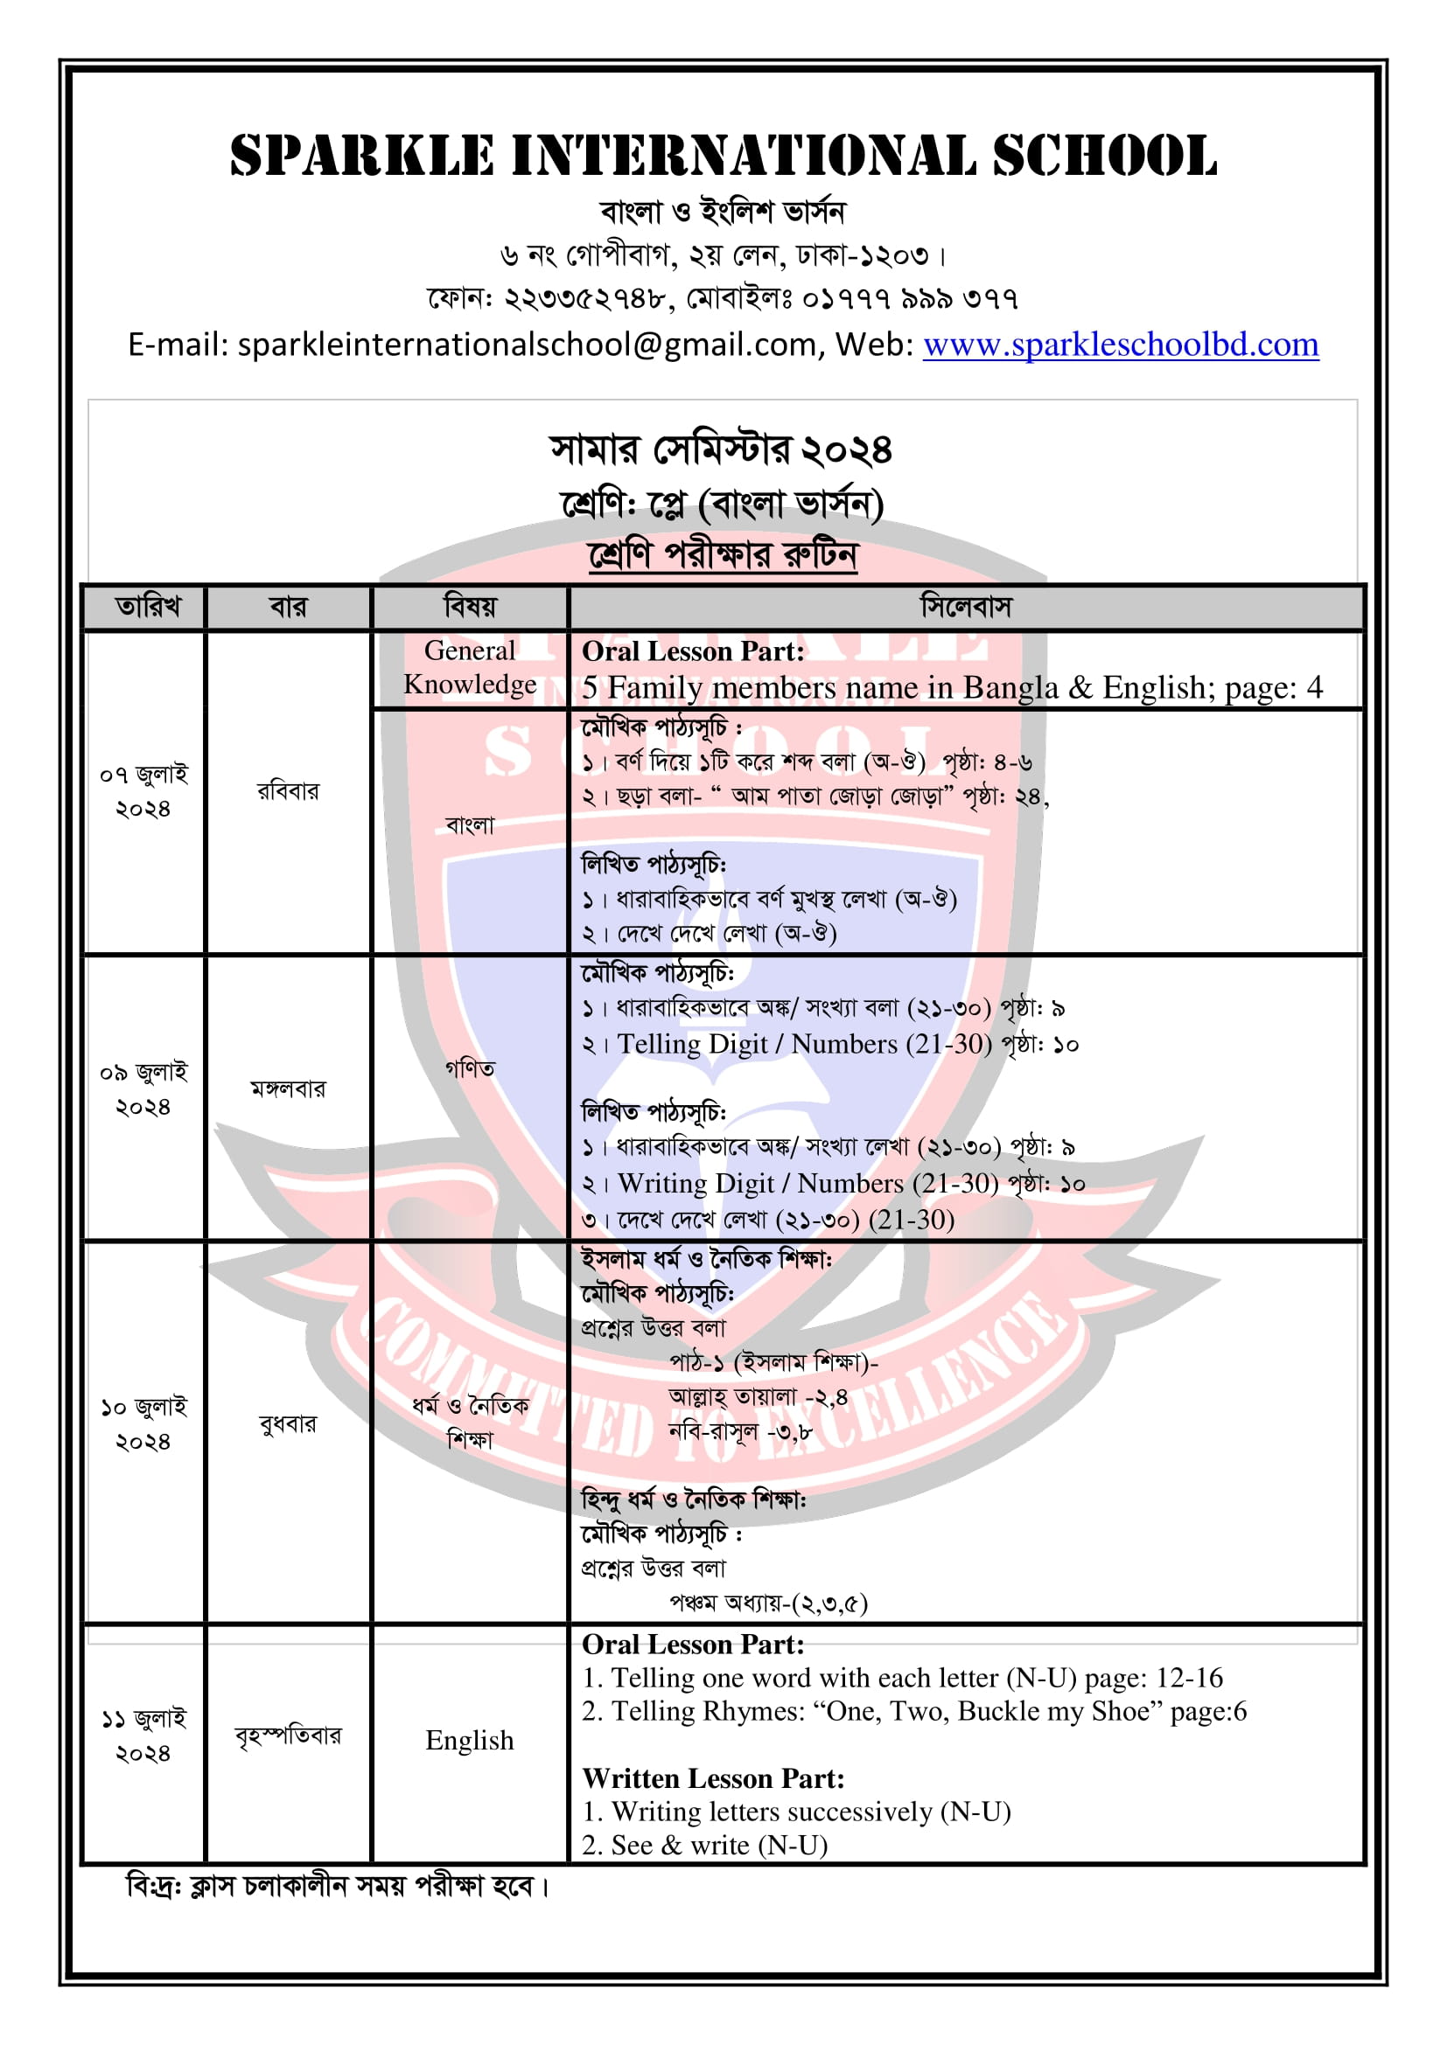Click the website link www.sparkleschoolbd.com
pos(1120,344)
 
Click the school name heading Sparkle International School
pos(723,156)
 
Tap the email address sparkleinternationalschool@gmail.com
pos(526,344)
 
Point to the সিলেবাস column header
pos(966,608)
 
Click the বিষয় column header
pos(470,608)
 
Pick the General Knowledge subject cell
pos(470,667)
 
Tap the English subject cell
pos(470,1740)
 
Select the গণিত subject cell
pos(470,1068)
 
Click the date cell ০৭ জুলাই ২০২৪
pos(143,791)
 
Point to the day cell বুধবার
pos(287,1423)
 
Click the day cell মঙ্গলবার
pos(287,1089)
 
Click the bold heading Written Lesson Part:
pos(713,1778)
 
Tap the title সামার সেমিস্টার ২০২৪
pos(721,449)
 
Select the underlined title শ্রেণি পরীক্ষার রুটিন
pos(723,555)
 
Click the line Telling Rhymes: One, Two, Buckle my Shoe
pos(914,1711)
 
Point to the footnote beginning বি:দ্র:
pos(339,1886)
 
